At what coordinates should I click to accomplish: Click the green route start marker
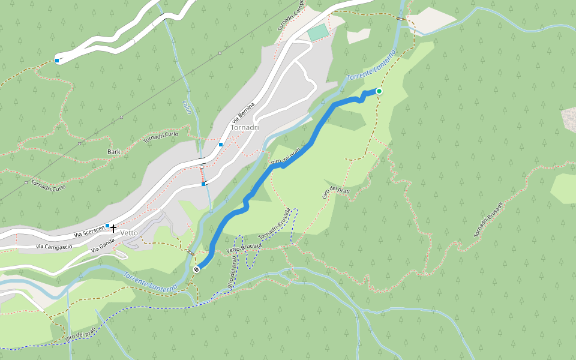coord(379,91)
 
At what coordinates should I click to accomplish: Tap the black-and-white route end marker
coord(196,269)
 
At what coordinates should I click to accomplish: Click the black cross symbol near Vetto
coord(113,228)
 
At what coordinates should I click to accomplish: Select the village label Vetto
coord(129,233)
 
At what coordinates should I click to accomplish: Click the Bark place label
coord(114,152)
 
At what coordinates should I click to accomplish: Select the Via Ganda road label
coord(103,246)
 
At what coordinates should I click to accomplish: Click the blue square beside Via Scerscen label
coord(107,226)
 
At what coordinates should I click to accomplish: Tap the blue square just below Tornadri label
coord(221,145)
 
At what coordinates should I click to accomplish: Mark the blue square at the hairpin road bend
coord(57,61)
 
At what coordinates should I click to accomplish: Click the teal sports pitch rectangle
coord(319,32)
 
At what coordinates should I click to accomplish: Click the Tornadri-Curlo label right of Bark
coord(161,138)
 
